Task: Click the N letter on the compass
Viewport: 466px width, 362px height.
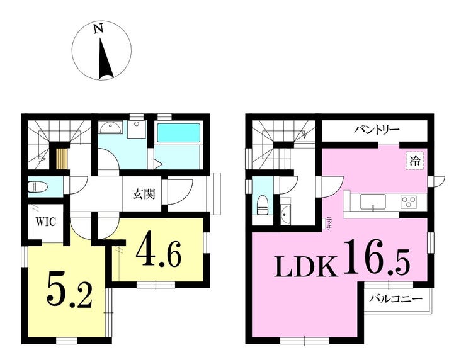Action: pyautogui.click(x=98, y=29)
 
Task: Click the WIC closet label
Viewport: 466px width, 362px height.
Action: pyautogui.click(x=46, y=222)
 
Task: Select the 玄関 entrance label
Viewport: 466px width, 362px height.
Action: pyautogui.click(x=144, y=195)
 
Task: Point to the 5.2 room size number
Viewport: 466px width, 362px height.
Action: pyautogui.click(x=69, y=293)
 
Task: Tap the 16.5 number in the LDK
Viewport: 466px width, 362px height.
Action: pyautogui.click(x=377, y=257)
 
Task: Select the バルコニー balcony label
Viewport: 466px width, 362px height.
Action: pyautogui.click(x=395, y=298)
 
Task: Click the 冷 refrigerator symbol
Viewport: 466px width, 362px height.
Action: pyautogui.click(x=415, y=161)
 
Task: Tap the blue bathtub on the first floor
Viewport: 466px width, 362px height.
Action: pyautogui.click(x=178, y=133)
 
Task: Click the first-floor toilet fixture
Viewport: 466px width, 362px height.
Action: pyautogui.click(x=37, y=187)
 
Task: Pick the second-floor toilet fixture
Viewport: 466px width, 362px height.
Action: pyautogui.click(x=262, y=205)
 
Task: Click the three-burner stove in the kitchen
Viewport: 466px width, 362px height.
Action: pyautogui.click(x=409, y=202)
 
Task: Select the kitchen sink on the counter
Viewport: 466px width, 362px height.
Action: pyautogui.click(x=373, y=201)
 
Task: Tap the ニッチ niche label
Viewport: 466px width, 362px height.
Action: pyautogui.click(x=329, y=222)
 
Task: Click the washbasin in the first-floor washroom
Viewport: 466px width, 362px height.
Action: pyautogui.click(x=111, y=128)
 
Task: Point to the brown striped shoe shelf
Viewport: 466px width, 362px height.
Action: pyautogui.click(x=62, y=159)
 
